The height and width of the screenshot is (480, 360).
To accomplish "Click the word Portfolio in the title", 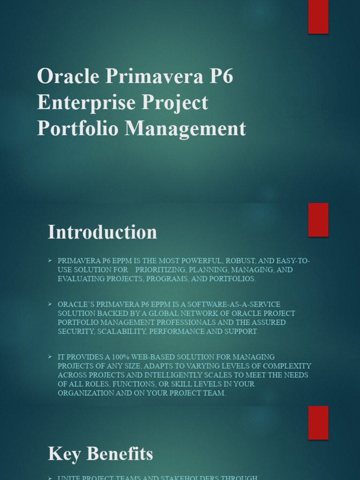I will point(77,128).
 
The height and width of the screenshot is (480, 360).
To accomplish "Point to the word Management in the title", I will point(185,128).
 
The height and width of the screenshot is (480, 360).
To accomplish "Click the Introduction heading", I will point(102,232).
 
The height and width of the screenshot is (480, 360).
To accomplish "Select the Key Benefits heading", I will point(100,454).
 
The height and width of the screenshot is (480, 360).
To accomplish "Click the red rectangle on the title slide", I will point(318,17).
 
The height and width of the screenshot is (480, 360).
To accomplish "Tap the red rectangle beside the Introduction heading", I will point(318,220).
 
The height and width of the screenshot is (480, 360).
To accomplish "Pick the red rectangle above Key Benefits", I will point(318,423).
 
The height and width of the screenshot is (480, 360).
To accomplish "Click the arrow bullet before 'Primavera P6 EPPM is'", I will point(50,260).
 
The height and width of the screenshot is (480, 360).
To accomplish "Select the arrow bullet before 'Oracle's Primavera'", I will point(50,304).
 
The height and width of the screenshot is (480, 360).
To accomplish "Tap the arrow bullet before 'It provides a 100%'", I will point(50,357).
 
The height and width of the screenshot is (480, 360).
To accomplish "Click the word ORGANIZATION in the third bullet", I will point(86,393).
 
